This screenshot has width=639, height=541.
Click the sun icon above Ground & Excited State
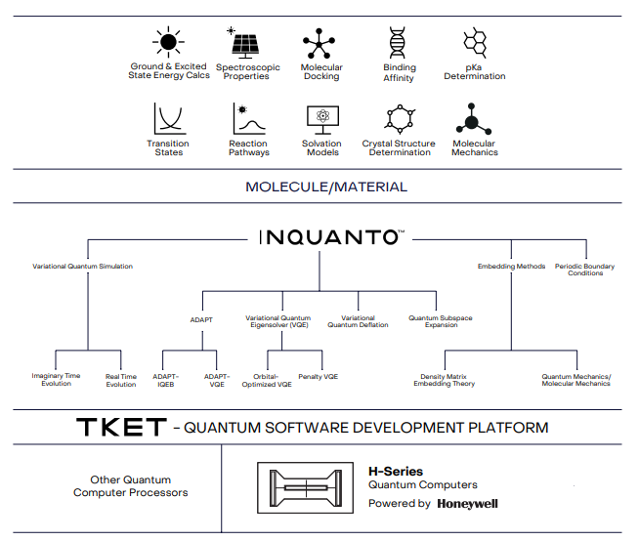[x=168, y=42]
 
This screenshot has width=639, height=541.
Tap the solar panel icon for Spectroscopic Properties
[x=244, y=44]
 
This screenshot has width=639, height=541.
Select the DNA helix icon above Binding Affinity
[x=399, y=44]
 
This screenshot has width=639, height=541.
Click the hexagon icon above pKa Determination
[x=475, y=42]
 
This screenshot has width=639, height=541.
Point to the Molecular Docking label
[x=321, y=72]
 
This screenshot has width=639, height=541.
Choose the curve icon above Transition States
[x=168, y=119]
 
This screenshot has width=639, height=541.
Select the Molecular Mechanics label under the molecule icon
[x=474, y=148]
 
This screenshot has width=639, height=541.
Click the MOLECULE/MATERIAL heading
[x=326, y=187]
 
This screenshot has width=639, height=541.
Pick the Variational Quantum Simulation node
[x=82, y=267]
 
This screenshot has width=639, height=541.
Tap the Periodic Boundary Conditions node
[x=585, y=270]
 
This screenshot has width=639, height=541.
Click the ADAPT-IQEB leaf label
[x=165, y=379]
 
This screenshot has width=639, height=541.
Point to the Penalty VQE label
[x=318, y=376]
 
